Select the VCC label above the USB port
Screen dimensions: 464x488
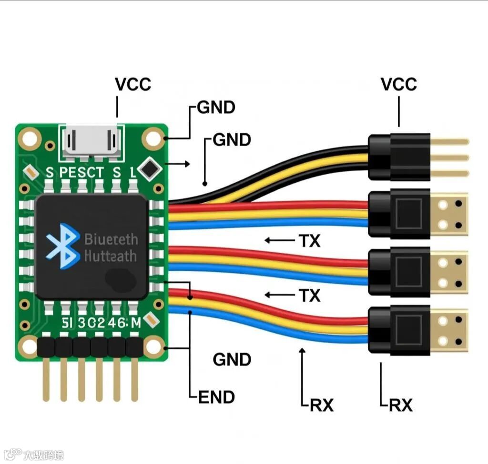pos(133,84)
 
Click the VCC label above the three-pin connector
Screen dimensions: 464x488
pos(398,84)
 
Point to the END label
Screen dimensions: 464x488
pos(217,397)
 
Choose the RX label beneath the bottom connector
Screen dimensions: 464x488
pos(401,405)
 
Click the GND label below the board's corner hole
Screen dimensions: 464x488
pos(232,360)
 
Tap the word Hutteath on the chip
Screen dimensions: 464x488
pos(110,257)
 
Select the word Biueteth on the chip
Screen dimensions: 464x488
pos(111,239)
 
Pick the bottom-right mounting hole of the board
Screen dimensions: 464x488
pos(154,346)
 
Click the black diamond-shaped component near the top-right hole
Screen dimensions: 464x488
pos(151,168)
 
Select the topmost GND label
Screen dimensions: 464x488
pos(216,108)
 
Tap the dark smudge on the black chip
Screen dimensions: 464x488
pos(121,279)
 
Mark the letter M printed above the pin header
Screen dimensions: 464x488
pos(135,323)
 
